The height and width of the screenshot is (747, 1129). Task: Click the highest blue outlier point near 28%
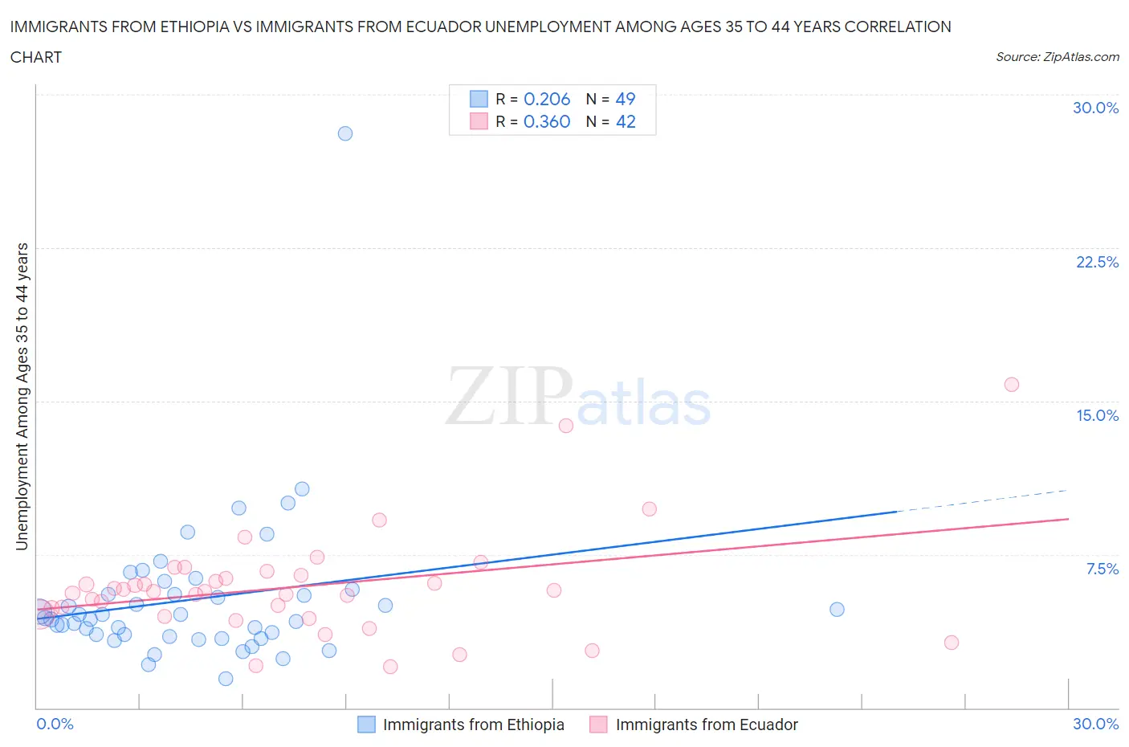[x=345, y=133]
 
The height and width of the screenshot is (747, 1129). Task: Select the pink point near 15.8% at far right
[x=1012, y=385]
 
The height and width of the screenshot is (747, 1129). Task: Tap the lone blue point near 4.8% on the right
[x=837, y=610]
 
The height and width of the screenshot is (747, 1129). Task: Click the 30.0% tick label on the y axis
[x=1095, y=108]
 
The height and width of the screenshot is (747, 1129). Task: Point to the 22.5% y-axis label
[x=1097, y=262]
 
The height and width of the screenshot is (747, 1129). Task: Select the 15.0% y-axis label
[x=1097, y=415]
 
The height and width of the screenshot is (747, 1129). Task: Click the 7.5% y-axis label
[x=1102, y=569]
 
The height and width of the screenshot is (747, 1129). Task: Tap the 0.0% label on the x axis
[x=55, y=724]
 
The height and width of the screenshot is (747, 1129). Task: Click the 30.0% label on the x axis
[x=1095, y=724]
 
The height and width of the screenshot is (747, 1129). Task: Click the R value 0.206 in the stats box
[x=547, y=99]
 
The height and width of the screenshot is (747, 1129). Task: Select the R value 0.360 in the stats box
[x=547, y=121]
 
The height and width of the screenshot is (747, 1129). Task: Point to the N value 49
[x=626, y=99]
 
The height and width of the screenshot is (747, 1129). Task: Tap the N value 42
[x=626, y=121]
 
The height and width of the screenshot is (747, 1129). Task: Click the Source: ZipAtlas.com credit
[x=1057, y=56]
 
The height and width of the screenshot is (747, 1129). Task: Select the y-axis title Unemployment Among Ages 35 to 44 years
[x=22, y=397]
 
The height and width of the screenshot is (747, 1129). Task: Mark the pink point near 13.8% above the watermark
[x=566, y=426]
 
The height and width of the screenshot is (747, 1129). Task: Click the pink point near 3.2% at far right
[x=952, y=643]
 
